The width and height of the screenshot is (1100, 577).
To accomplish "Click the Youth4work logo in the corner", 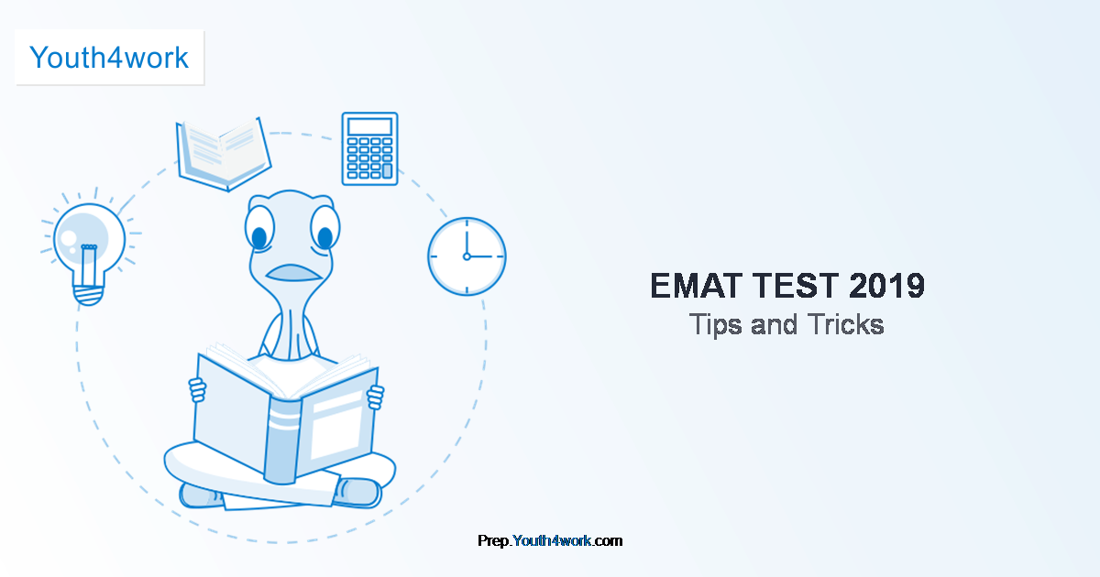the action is pos(109,58).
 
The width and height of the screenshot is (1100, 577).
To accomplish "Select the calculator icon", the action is pos(369,148).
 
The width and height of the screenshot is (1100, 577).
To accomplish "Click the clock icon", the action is pos(467,256).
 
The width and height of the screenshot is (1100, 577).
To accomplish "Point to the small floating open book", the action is pos(224,154).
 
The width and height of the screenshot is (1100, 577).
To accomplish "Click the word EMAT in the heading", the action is pos(697,286).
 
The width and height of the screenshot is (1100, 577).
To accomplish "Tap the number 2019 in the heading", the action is pos(887,286).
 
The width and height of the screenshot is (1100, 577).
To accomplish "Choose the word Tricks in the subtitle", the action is pos(846,324).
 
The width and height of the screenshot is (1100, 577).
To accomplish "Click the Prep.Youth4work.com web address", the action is pos(550,540).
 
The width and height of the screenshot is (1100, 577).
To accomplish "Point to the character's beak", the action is pos(293,273).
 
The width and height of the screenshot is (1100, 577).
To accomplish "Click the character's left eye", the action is pos(259,229).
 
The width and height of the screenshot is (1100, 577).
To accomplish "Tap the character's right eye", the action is pos(325,229).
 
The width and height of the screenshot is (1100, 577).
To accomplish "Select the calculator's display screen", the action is pos(369,126).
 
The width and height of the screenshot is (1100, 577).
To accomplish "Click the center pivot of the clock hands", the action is pos(467,256).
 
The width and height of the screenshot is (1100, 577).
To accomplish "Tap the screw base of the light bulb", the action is pos(88,295).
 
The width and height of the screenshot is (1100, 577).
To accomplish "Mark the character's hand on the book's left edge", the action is pos(198,390).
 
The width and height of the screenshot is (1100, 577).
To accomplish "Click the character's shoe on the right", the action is pos(357,493).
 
